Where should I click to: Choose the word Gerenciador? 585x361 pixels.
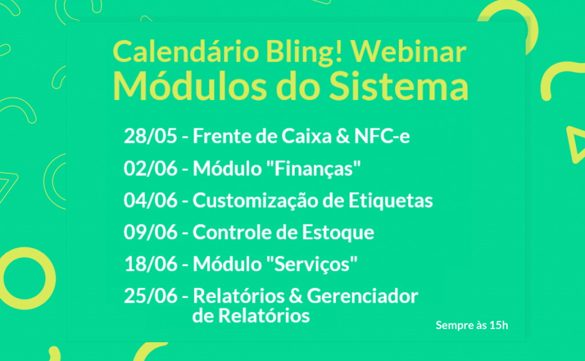[363, 297]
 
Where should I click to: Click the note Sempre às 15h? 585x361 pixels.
[472, 326]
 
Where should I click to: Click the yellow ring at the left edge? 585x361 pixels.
[26, 277]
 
